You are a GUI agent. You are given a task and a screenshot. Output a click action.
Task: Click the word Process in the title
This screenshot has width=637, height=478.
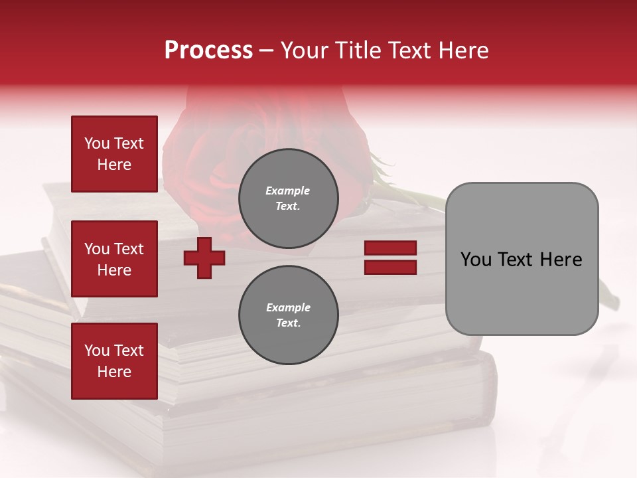208,50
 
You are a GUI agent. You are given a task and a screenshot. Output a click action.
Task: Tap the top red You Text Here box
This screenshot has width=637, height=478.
114,154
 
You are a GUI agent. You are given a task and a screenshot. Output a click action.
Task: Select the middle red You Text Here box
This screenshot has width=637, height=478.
114,259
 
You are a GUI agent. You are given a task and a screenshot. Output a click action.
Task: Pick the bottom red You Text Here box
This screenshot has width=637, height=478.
114,361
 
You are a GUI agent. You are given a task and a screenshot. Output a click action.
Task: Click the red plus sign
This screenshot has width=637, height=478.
204,258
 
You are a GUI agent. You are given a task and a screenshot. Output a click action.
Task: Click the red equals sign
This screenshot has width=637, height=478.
390,258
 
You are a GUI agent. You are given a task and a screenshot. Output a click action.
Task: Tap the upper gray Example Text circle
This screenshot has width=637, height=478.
289,198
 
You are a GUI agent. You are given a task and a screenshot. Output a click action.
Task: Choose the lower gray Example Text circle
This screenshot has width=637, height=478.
289,315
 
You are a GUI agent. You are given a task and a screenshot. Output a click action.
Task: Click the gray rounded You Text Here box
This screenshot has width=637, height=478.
522,259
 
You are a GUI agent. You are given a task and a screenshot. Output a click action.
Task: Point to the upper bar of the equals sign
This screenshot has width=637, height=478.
390,248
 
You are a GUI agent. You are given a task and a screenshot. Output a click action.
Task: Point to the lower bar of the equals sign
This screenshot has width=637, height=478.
390,267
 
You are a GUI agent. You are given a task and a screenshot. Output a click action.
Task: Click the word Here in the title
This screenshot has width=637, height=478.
464,50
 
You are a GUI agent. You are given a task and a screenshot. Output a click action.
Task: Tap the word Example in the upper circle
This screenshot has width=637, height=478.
288,191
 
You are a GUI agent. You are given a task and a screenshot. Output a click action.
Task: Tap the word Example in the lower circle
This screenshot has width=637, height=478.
288,307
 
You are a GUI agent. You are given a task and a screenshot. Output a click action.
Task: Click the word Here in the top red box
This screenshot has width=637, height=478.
114,165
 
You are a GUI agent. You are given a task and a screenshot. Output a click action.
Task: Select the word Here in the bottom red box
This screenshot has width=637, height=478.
114,372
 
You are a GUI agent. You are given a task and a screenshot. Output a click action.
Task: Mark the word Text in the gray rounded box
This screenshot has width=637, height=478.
516,260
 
